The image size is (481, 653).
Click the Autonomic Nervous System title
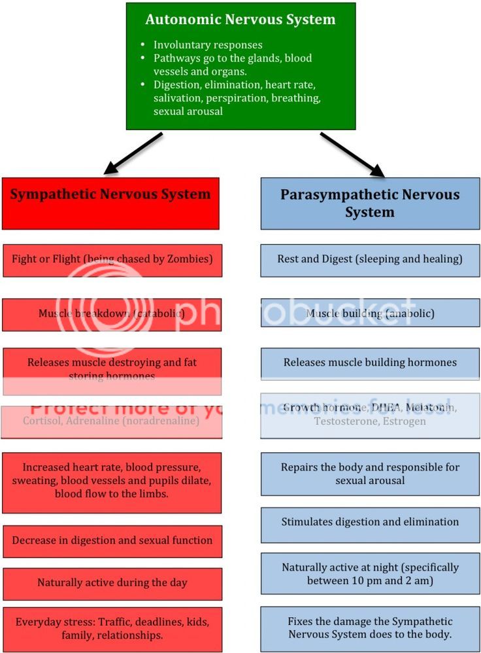[241, 20]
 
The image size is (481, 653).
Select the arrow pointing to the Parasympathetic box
[352, 154]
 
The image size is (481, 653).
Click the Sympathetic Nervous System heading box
[110, 203]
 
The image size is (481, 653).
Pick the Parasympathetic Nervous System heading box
[370, 203]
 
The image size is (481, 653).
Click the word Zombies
[189, 259]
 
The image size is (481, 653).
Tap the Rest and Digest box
[370, 259]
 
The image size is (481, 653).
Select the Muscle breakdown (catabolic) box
[112, 314]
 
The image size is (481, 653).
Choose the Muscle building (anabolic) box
[370, 314]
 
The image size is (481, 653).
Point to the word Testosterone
[344, 421]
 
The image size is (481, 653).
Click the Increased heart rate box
[112, 481]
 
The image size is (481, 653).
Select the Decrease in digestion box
[112, 540]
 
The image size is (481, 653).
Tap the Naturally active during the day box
[112, 583]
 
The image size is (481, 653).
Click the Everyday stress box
[112, 627]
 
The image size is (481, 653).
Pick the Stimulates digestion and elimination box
[370, 522]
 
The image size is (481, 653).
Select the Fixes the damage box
[370, 627]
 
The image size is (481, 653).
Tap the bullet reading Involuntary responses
[208, 45]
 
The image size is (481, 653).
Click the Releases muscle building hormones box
[370, 362]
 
